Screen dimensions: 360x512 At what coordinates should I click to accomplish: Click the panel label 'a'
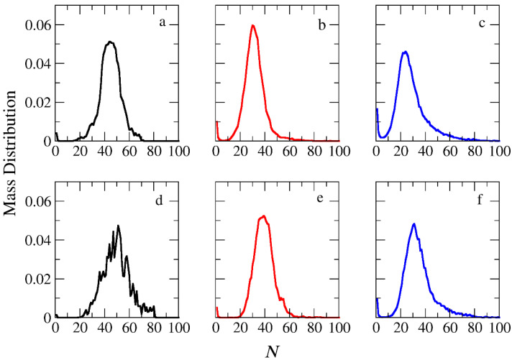163,22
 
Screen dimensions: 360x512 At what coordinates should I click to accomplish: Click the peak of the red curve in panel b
253,26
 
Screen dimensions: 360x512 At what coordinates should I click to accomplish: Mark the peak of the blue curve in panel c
406,52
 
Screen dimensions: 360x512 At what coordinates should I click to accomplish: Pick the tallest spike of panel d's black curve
118,226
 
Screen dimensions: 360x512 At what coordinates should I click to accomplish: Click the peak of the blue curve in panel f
414,223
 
